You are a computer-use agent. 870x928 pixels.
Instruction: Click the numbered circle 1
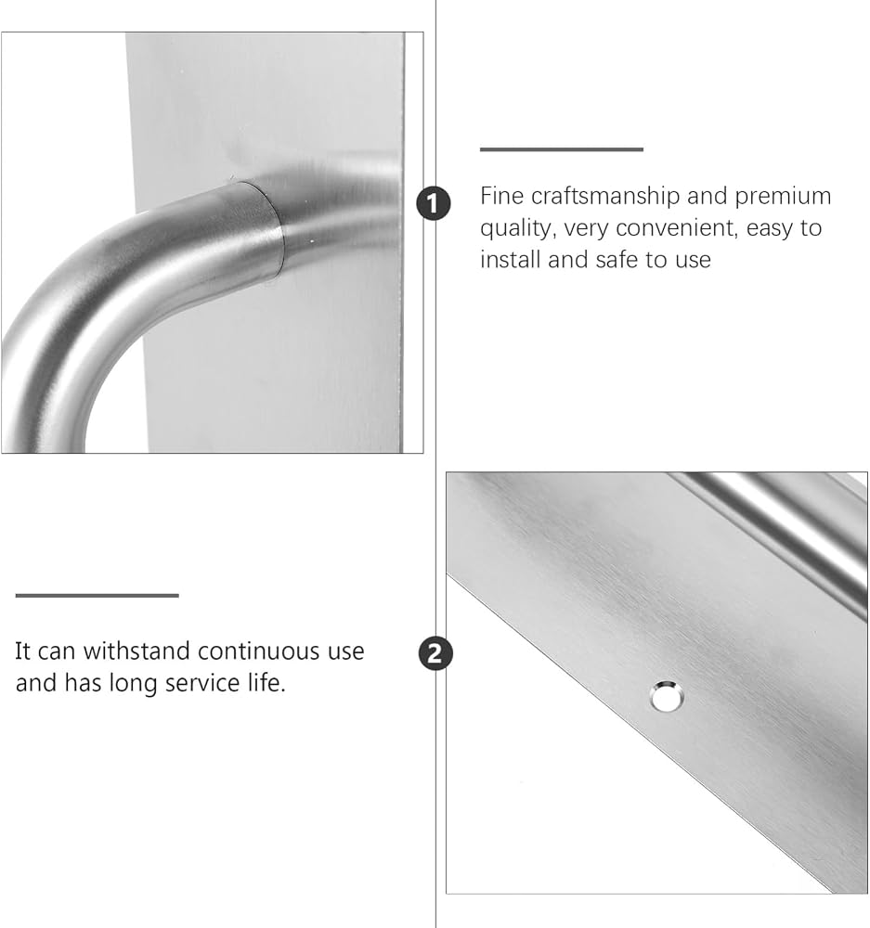pos(434,203)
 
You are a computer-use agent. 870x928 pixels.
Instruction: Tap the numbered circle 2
pos(435,653)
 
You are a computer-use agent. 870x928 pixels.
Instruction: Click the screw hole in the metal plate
pos(667,696)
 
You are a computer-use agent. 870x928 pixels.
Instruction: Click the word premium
pos(783,197)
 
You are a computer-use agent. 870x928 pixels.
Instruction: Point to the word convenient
pos(678,228)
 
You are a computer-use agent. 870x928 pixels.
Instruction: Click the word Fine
pos(501,196)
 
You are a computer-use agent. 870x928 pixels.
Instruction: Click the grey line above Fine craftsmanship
pos(562,149)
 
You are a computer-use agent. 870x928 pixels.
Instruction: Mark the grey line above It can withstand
pos(97,596)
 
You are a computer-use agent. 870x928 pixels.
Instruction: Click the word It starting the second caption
pos(22,651)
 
